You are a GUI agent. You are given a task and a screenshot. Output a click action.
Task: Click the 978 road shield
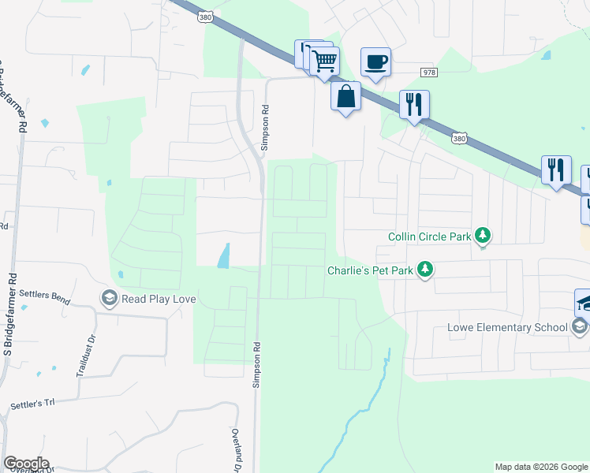point(429,73)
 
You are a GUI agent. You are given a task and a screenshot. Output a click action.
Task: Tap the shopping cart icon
point(325,60)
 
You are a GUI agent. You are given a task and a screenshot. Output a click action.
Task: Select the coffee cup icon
point(375,61)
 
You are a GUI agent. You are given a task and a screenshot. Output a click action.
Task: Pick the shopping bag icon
point(345,96)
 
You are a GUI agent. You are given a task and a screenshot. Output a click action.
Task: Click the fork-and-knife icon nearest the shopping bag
point(414,103)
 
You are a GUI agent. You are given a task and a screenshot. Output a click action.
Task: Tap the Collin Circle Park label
point(431,236)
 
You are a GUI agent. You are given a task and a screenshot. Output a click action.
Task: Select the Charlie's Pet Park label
point(370,270)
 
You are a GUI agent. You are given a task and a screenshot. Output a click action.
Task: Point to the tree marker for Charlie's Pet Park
point(425,270)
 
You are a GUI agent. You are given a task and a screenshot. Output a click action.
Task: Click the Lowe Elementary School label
point(506,327)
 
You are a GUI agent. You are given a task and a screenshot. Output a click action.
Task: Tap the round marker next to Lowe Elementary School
point(579,327)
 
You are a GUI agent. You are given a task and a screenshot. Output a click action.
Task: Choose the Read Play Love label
point(159,299)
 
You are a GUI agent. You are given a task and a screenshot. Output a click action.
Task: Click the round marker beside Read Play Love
point(109,298)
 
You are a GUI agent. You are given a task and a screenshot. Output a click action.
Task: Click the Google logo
point(25,464)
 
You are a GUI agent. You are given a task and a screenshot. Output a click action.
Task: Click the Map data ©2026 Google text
point(540,467)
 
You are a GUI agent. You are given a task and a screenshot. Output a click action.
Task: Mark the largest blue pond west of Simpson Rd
point(224,255)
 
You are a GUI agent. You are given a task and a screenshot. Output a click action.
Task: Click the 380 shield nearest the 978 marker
point(458,138)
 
